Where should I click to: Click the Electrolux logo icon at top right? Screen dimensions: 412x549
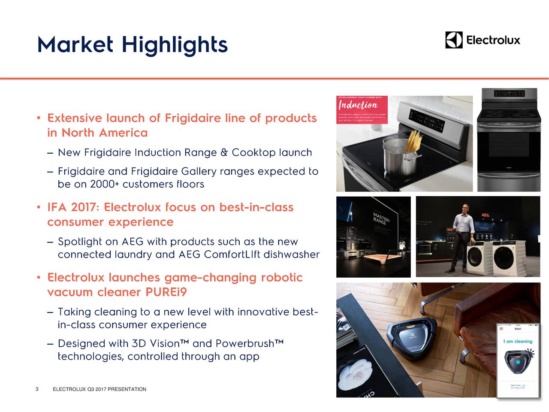454,40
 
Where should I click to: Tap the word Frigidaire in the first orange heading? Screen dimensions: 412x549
193,118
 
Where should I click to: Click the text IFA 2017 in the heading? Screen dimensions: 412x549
72,208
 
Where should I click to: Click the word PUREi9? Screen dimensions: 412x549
166,293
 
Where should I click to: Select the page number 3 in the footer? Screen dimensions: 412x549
37,389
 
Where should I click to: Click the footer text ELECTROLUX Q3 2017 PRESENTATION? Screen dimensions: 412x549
99,389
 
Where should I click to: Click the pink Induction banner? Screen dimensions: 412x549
362,109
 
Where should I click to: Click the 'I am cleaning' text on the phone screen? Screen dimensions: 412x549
518,342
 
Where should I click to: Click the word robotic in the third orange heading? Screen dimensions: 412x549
281,278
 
